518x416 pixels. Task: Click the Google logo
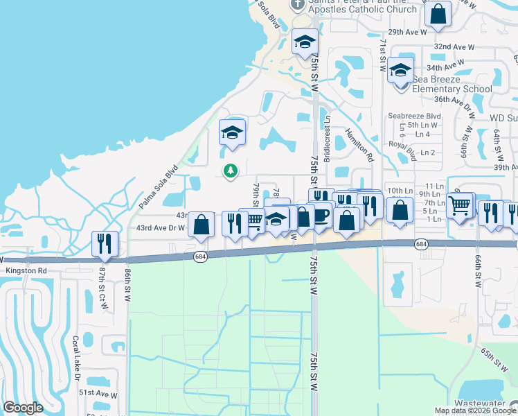[x=23, y=408]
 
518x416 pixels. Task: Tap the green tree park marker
[x=230, y=170]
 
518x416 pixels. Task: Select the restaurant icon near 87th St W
[x=105, y=243]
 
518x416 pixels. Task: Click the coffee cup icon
[x=321, y=214]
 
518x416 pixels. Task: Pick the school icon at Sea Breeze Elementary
[x=400, y=70]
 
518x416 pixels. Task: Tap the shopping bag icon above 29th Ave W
[x=438, y=14]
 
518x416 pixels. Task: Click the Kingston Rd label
[x=26, y=270]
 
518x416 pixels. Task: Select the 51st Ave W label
[x=97, y=393]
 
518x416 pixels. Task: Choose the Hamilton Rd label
[x=359, y=147]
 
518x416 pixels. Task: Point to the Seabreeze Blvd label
[x=414, y=116]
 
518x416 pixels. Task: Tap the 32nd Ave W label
[x=454, y=46]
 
